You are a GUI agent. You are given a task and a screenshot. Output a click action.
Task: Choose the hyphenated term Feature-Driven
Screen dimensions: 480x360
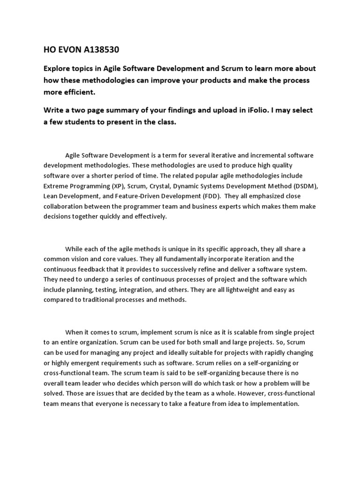pos(139,195)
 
